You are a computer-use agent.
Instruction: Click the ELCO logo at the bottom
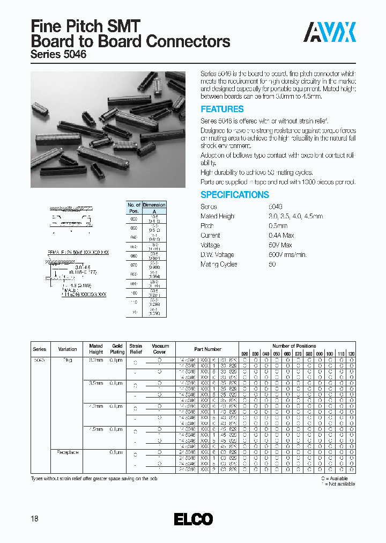click(194, 519)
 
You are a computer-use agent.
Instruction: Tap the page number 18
click(35, 519)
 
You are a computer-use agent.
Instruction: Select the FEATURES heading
click(222, 109)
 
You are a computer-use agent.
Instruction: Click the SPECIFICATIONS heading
click(235, 195)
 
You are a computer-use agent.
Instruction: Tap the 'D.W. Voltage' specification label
click(217, 255)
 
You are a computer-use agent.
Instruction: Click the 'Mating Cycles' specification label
click(219, 265)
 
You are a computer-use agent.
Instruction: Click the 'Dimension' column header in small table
click(154, 205)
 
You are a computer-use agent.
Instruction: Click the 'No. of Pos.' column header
click(133, 208)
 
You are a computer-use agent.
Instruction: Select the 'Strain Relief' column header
click(136, 349)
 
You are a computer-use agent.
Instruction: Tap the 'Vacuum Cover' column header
click(160, 349)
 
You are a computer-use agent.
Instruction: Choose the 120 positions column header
click(351, 355)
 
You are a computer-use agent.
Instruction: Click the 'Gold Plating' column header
click(117, 349)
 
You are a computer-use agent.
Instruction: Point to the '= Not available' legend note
click(338, 484)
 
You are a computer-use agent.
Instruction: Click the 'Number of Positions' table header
click(294, 346)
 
